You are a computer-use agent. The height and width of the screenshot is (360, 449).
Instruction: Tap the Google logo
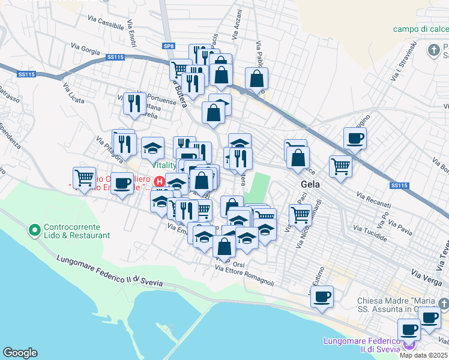pyautogui.click(x=20, y=353)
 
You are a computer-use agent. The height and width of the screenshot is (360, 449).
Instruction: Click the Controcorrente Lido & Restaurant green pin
pyautogui.click(x=34, y=229)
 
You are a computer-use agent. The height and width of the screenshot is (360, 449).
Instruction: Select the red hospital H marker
pyautogui.click(x=160, y=181)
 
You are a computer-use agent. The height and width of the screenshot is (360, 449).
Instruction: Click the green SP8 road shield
pyautogui.click(x=168, y=46)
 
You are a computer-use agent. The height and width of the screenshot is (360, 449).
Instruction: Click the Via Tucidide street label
pyautogui.click(x=370, y=233)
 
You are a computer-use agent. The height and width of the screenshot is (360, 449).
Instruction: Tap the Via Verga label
pyautogui.click(x=426, y=274)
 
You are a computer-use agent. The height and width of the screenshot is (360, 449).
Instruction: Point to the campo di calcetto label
pyautogui.click(x=421, y=29)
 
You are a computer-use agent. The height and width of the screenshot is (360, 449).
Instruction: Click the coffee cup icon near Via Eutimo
pyautogui.click(x=322, y=296)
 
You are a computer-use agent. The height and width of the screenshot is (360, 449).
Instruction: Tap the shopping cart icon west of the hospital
pyautogui.click(x=84, y=177)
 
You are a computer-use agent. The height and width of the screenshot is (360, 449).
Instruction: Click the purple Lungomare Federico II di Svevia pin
pyautogui.click(x=409, y=344)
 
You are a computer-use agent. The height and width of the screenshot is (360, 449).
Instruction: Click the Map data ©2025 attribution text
pyautogui.click(x=424, y=355)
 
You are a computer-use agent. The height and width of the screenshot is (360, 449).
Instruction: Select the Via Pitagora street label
pyautogui.click(x=109, y=148)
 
